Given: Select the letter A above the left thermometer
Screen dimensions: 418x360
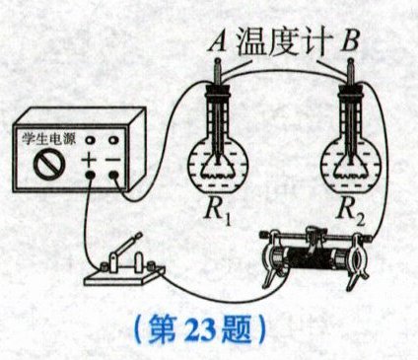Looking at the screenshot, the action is [x=218, y=41].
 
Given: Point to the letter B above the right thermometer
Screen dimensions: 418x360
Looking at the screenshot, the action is [x=350, y=41].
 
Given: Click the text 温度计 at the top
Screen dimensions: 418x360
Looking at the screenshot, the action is [x=283, y=42].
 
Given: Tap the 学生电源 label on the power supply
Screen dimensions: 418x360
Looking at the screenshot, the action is [x=48, y=139].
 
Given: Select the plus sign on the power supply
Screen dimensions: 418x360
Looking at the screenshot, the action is [x=90, y=160].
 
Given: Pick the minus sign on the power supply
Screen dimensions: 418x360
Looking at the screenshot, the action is [x=113, y=160].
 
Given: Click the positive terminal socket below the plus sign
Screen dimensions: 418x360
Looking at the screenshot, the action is [x=91, y=176].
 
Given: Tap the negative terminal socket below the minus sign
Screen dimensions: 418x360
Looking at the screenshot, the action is [x=113, y=176].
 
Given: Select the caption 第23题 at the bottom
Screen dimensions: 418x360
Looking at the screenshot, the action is [x=200, y=329].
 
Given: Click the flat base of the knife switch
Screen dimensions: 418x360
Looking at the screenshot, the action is [x=123, y=277].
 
